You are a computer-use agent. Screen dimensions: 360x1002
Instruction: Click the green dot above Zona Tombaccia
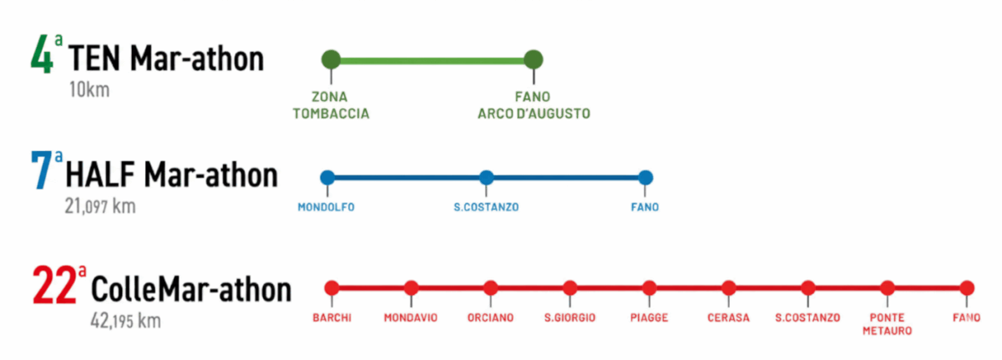click(x=331, y=59)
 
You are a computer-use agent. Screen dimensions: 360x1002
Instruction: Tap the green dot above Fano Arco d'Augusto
click(x=534, y=59)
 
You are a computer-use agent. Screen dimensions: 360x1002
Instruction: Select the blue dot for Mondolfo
click(x=327, y=177)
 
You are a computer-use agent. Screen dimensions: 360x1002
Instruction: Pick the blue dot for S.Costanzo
click(x=487, y=177)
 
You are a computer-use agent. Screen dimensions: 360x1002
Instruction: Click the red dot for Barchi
click(x=331, y=288)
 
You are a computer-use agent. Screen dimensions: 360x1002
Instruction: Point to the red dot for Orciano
click(x=490, y=288)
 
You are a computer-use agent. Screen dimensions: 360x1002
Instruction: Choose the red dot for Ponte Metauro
click(x=888, y=288)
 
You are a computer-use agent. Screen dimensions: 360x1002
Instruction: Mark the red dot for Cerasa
click(x=729, y=288)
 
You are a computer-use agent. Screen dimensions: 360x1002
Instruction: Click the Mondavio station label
click(x=411, y=317)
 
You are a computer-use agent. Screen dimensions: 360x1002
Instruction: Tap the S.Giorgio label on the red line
click(x=569, y=317)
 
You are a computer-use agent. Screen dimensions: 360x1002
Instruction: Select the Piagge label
click(x=649, y=317)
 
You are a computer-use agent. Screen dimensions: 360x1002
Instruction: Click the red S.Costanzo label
click(x=807, y=317)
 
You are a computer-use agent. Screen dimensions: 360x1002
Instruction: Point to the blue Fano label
click(x=645, y=207)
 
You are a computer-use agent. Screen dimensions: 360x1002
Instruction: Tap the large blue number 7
click(x=41, y=173)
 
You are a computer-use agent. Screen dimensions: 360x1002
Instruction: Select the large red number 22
click(x=53, y=287)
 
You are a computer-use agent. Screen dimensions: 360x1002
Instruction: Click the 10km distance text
click(x=89, y=90)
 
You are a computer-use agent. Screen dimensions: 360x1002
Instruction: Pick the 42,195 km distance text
click(x=125, y=321)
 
